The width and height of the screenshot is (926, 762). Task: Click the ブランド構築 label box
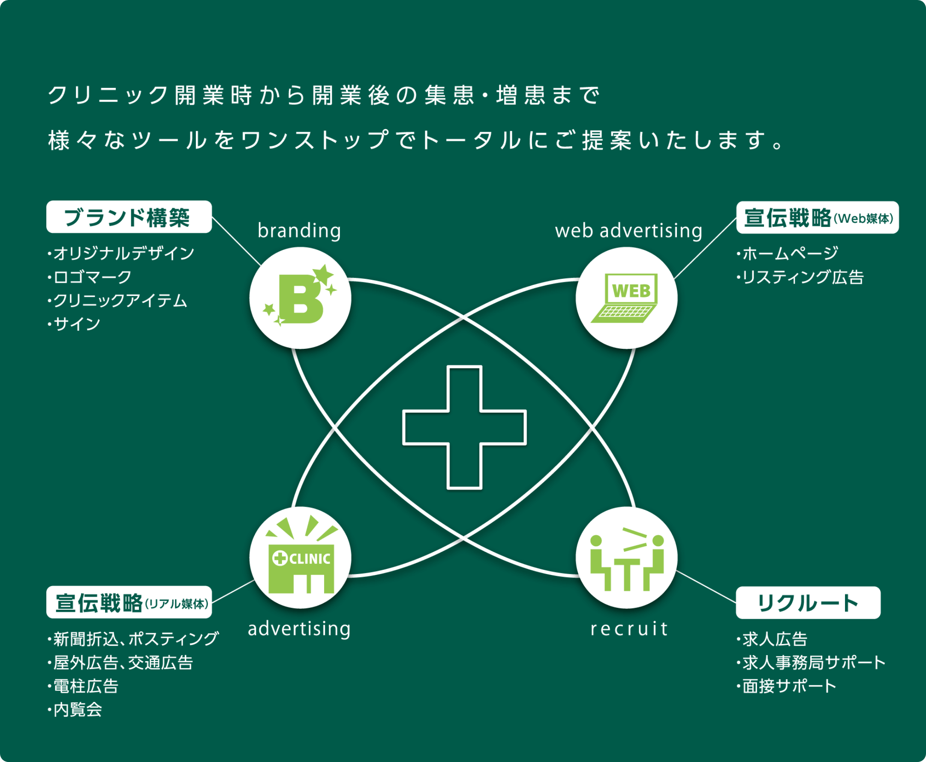(x=129, y=217)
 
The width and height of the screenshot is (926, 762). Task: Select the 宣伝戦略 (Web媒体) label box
(x=817, y=217)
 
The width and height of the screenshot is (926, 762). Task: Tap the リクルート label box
(x=808, y=603)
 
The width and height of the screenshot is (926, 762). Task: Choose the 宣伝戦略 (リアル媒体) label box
(x=129, y=602)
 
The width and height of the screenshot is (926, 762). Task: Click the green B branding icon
(x=300, y=298)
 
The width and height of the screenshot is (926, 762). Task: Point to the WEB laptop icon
(x=626, y=298)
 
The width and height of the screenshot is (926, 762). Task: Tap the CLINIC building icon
(x=300, y=557)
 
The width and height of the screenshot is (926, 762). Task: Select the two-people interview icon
(x=626, y=557)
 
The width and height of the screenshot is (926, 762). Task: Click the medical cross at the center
(x=464, y=427)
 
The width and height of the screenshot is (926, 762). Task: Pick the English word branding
(x=299, y=230)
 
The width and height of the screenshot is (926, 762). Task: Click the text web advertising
(x=628, y=230)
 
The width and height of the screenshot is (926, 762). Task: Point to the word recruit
(x=628, y=629)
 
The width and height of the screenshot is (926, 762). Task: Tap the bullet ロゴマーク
(x=92, y=277)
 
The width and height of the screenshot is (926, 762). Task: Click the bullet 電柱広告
(x=85, y=686)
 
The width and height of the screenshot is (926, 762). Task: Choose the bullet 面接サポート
(x=789, y=686)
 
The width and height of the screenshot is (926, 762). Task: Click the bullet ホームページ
(x=790, y=253)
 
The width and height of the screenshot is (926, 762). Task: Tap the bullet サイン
(x=76, y=324)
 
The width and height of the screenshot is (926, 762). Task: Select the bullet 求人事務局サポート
(x=814, y=662)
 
